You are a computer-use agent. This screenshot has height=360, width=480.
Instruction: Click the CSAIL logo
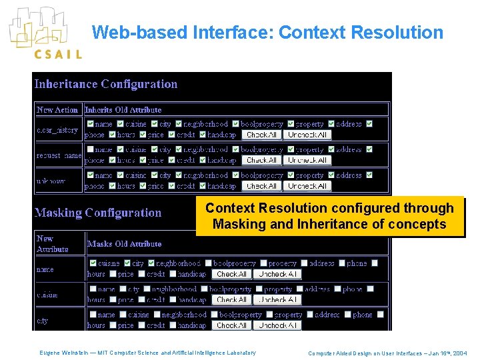45,33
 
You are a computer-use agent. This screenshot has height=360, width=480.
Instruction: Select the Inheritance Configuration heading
106,84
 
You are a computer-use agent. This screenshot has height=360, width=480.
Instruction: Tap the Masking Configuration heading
98,213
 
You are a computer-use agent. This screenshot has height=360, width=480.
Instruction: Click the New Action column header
57,110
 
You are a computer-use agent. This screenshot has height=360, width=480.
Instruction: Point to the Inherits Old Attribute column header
123,110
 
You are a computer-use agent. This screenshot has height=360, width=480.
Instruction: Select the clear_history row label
57,130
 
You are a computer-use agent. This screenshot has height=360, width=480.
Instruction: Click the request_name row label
58,155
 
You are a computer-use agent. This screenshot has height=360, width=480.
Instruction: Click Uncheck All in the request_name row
307,160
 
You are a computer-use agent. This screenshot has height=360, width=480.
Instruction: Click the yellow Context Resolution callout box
329,216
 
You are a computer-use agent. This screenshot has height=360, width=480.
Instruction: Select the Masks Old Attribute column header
125,244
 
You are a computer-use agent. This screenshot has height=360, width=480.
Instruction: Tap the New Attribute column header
53,243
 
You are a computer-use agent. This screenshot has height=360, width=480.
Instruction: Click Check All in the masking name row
231,274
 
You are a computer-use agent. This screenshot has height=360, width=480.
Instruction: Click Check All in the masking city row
231,325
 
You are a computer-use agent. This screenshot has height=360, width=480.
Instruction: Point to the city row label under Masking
43,321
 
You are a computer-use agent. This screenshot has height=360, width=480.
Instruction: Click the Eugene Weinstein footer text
147,352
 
